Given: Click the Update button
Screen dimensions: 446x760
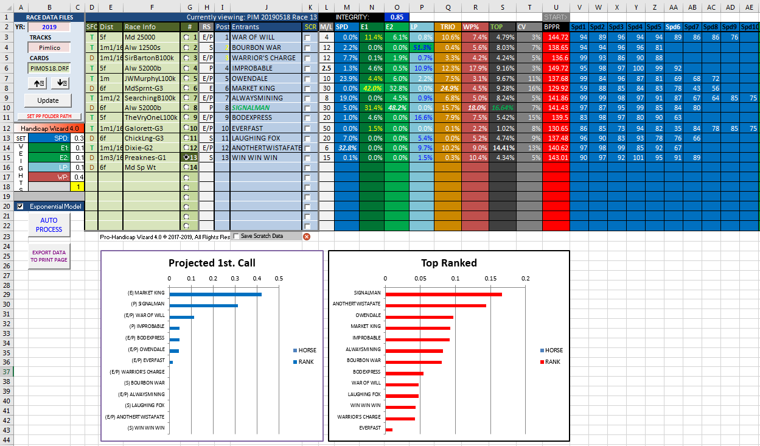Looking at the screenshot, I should pyautogui.click(x=47, y=100).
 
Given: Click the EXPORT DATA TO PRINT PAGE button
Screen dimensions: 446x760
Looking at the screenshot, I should pyautogui.click(x=49, y=256).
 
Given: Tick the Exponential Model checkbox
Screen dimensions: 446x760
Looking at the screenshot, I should pyautogui.click(x=20, y=206).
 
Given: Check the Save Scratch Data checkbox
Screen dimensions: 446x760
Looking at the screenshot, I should pyautogui.click(x=236, y=236).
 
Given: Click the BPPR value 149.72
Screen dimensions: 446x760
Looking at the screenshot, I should pyautogui.click(x=556, y=68).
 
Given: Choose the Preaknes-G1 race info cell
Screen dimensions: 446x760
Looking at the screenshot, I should pyautogui.click(x=152, y=157).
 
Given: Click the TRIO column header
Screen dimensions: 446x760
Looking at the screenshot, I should pyautogui.click(x=447, y=27).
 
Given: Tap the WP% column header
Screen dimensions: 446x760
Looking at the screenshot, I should pyautogui.click(x=472, y=27).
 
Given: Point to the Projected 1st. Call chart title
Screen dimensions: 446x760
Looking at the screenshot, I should pyautogui.click(x=212, y=263).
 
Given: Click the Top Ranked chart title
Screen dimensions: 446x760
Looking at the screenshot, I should pyautogui.click(x=448, y=263).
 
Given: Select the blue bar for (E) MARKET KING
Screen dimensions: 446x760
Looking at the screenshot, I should pyautogui.click(x=215, y=294).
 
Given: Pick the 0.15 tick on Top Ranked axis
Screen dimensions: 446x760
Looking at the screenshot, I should pyautogui.click(x=490, y=279).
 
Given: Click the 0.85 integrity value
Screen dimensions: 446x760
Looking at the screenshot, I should pyautogui.click(x=397, y=17).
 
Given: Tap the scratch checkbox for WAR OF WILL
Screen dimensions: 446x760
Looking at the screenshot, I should pyautogui.click(x=308, y=38).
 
